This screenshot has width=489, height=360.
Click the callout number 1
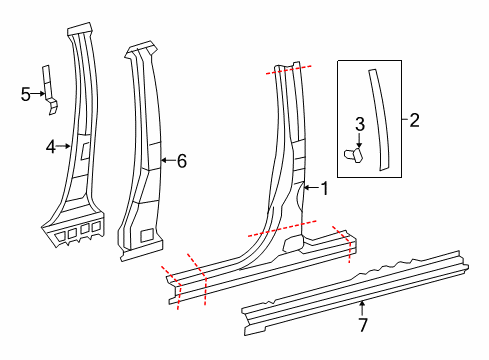[x=323, y=187]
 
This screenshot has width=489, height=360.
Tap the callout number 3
[x=360, y=124]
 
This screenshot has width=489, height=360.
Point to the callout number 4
[x=50, y=146]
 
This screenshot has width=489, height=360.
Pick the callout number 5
[x=26, y=94]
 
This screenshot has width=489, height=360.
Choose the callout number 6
[x=181, y=159]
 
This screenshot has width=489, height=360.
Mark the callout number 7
[x=363, y=324]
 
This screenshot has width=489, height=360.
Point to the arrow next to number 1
[x=308, y=187]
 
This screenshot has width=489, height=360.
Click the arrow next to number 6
[x=166, y=159]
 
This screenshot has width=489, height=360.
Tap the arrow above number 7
[x=363, y=305]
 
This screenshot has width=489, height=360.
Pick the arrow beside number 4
[x=65, y=146]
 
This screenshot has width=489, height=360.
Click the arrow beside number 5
[x=39, y=94]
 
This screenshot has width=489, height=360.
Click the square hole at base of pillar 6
[x=147, y=235]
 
